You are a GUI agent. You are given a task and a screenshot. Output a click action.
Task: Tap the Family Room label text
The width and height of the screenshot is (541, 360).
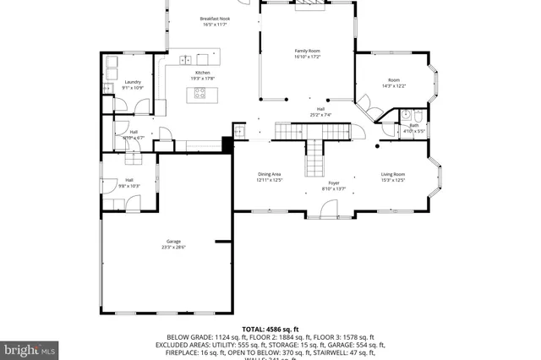coord(308,54)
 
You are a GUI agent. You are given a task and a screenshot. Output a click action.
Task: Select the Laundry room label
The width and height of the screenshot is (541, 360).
coord(133,85)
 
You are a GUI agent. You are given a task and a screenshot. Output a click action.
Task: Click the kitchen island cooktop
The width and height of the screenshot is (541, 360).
coord(201,94)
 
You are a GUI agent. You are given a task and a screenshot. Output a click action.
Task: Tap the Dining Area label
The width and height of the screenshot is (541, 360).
coord(270,177)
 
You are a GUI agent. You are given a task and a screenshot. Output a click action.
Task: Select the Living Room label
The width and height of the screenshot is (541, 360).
coord(393,177)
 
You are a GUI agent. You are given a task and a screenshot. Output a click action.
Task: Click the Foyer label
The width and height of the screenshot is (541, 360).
coord(334,184)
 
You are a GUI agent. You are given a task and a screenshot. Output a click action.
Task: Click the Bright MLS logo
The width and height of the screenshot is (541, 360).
coord(30,348)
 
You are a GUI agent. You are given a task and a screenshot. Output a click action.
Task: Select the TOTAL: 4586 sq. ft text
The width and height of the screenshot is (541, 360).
coord(270,329)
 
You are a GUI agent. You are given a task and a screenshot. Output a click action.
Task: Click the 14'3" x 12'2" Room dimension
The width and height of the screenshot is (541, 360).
coord(394,86)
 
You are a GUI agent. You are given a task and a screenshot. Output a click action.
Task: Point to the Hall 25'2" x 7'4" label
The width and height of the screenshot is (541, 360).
coord(320,112)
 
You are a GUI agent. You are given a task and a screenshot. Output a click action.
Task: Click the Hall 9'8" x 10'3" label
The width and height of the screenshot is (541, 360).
coord(129,183)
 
